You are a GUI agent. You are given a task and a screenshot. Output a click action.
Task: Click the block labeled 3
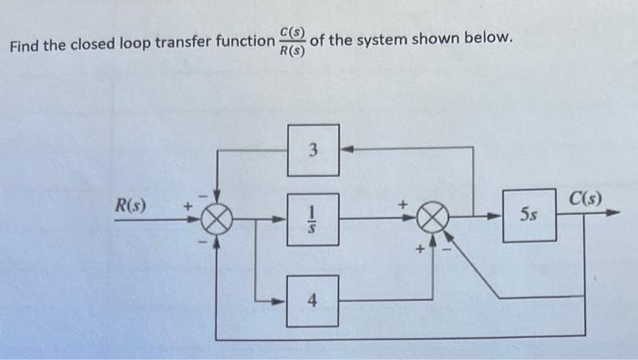coord(314,150)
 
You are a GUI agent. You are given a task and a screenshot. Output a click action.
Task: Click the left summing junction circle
coord(217,220)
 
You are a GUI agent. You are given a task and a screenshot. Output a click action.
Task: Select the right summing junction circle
coord(434,219)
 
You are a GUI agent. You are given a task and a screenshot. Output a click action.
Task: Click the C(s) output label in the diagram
coord(583,198)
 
